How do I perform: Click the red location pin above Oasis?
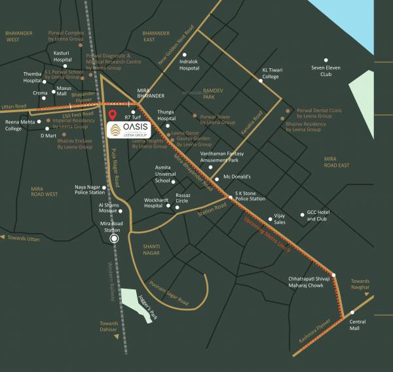pos(113,117)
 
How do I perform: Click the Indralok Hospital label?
pos(189,64)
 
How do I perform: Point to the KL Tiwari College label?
pos(271,73)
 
